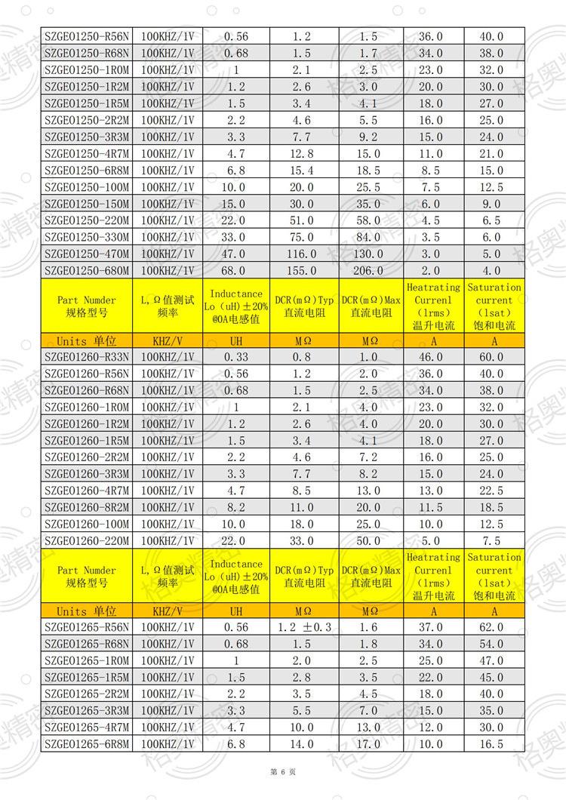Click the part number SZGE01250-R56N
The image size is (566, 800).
pyautogui.click(x=87, y=36)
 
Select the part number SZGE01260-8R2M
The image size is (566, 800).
pyautogui.click(x=87, y=507)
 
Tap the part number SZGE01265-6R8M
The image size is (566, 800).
pyautogui.click(x=87, y=744)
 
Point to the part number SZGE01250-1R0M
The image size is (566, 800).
pyautogui.click(x=87, y=70)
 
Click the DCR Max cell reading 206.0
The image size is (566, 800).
pyautogui.click(x=370, y=271)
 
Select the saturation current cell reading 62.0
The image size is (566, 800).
pyautogui.click(x=494, y=627)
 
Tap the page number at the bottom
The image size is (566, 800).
pyautogui.click(x=283, y=772)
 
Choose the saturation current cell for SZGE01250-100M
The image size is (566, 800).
pyautogui.click(x=494, y=187)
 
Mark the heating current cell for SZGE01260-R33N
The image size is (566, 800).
pyautogui.click(x=432, y=357)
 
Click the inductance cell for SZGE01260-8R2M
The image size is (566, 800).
pyautogui.click(x=235, y=507)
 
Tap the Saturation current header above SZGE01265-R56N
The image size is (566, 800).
pyautogui.click(x=494, y=577)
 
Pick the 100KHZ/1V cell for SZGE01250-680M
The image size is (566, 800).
pyautogui.click(x=167, y=271)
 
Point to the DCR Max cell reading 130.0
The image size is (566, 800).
pyautogui.click(x=370, y=254)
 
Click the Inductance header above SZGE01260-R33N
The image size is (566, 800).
pyautogui.click(x=235, y=306)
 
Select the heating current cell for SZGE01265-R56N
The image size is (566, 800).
pyautogui.click(x=432, y=627)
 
